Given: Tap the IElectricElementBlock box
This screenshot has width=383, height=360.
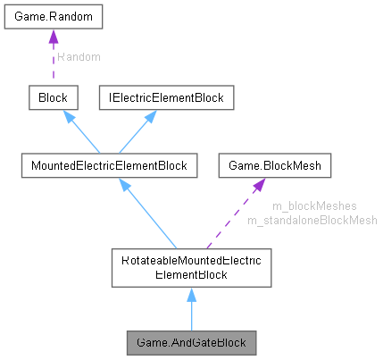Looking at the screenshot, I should pyautogui.click(x=165, y=96).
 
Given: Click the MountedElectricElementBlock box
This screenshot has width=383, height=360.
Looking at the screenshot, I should pyautogui.click(x=109, y=165).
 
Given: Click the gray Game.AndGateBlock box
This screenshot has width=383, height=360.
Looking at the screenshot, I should pyautogui.click(x=191, y=341).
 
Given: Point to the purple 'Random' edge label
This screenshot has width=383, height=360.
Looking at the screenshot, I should pyautogui.click(x=78, y=56).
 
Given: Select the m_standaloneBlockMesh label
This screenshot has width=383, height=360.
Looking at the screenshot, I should pyautogui.click(x=312, y=220).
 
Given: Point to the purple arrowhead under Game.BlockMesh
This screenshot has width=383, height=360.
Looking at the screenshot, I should pyautogui.click(x=257, y=185).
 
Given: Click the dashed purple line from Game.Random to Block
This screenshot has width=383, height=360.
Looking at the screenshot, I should pyautogui.click(x=53, y=67).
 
